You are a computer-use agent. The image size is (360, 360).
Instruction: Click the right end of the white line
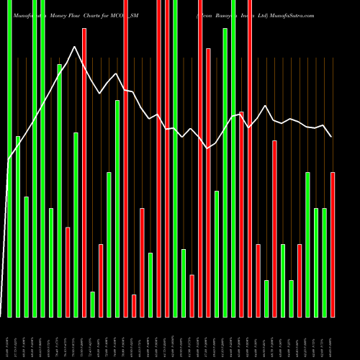click(x=332, y=137)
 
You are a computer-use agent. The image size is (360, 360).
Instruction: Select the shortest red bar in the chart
click(x=134, y=305)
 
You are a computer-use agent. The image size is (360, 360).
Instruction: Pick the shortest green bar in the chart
click(x=92, y=304)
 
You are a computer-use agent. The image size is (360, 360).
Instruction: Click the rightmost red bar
click(x=333, y=245)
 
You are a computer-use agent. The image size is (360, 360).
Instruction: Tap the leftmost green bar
click(x=9, y=158)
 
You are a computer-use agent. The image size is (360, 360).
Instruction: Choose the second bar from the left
click(x=18, y=226)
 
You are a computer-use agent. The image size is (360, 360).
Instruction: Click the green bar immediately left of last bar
click(x=324, y=262)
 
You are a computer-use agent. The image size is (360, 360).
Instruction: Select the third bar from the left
click(x=26, y=256)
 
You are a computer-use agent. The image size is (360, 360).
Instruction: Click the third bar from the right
click(x=316, y=262)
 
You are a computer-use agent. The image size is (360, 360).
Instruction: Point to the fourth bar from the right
click(x=307, y=245)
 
